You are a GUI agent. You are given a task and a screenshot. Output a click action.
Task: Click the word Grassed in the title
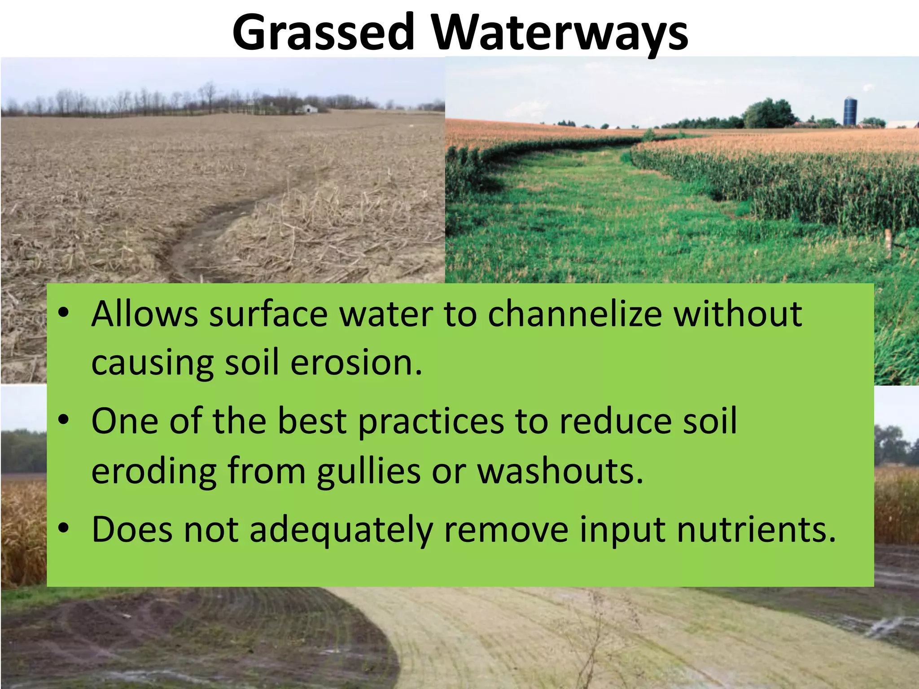[323, 32]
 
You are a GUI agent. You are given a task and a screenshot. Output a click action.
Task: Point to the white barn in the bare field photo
[310, 109]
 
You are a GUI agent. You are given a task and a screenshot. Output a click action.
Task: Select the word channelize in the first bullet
[575, 314]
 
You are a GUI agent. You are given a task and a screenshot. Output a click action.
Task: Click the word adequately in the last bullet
[341, 530]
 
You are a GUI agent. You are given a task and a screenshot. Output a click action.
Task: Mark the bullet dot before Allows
[64, 312]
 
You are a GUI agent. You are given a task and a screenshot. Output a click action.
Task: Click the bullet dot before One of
[64, 420]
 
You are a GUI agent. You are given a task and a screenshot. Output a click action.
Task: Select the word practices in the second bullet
[431, 422]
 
